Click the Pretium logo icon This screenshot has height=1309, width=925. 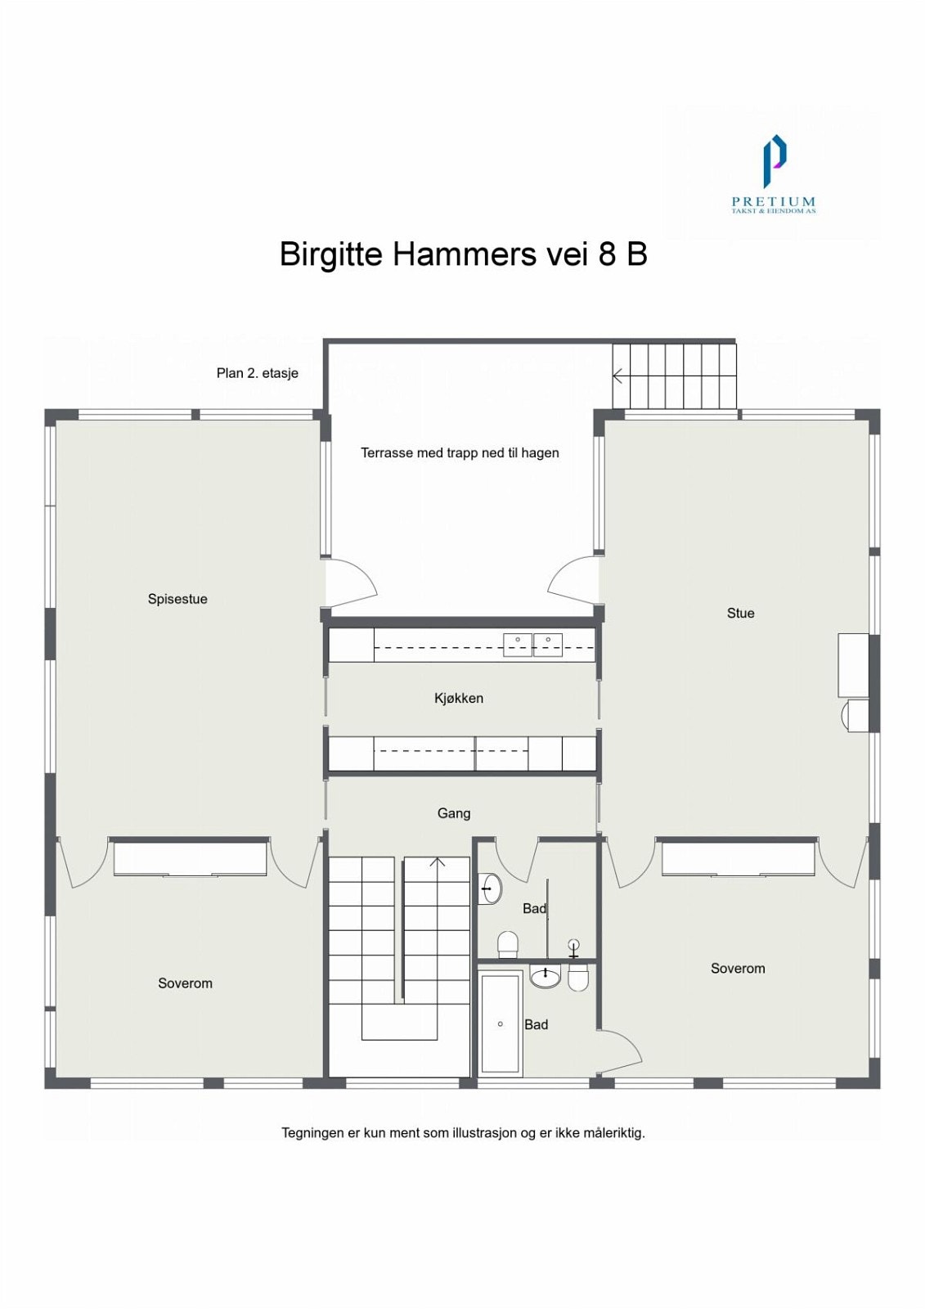tap(774, 161)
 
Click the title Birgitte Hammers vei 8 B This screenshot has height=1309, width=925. tap(463, 254)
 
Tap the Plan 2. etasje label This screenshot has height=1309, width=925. tap(257, 373)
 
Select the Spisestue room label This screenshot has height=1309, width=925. tap(177, 599)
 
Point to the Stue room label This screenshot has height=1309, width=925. tap(740, 613)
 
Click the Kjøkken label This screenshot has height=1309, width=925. tap(458, 698)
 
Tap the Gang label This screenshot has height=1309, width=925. tap(453, 813)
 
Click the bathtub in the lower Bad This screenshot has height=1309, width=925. tap(500, 1023)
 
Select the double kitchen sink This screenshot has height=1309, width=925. tap(532, 645)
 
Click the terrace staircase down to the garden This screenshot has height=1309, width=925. tap(675, 376)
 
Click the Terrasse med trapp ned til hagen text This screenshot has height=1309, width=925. tap(460, 452)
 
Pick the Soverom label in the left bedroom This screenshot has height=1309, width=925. tap(185, 983)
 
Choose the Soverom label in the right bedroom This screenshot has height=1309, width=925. tap(738, 969)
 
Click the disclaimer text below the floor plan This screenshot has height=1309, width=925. tap(463, 1133)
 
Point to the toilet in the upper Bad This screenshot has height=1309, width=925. tap(508, 944)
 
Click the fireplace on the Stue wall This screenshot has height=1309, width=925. tap(853, 665)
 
